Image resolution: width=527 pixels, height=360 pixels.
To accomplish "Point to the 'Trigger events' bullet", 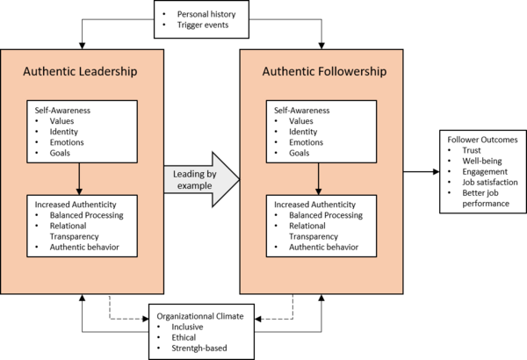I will pyautogui.click(x=202, y=26).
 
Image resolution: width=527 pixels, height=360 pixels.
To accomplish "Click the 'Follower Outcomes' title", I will pyautogui.click(x=481, y=140).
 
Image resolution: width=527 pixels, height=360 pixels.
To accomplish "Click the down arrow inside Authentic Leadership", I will pyautogui.click(x=80, y=179).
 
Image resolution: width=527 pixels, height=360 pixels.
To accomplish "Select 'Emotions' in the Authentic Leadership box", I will pyautogui.click(x=68, y=142).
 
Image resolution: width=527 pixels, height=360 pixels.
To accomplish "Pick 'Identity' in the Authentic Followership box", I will pyautogui.click(x=306, y=131).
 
